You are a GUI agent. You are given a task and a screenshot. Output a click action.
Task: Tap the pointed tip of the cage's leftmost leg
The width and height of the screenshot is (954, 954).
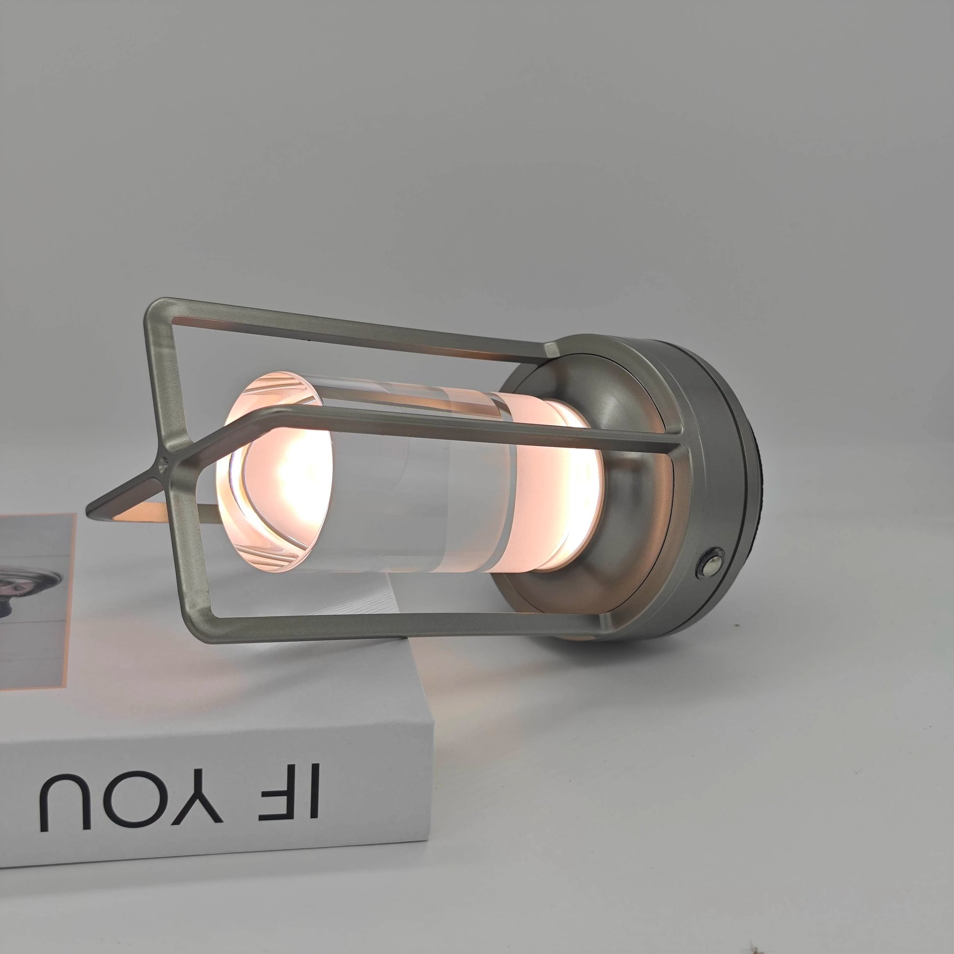(89, 511)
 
